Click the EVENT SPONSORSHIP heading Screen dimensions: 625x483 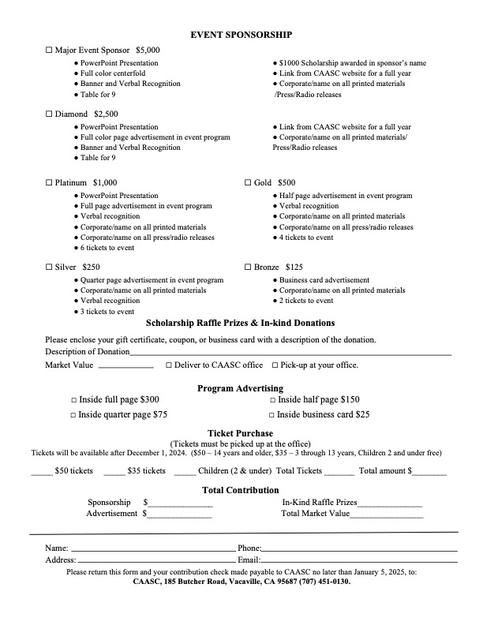(x=241, y=35)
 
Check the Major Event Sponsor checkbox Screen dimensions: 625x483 (x=49, y=50)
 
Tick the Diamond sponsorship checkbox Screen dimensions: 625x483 (x=49, y=114)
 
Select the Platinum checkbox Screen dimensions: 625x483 (x=49, y=183)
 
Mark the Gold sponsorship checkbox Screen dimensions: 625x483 (x=248, y=183)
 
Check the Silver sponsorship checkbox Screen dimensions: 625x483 (x=49, y=268)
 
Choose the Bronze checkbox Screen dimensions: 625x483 (x=248, y=268)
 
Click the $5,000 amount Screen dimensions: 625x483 (x=148, y=50)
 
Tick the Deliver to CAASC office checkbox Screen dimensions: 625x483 (x=169, y=365)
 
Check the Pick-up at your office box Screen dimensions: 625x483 (x=275, y=365)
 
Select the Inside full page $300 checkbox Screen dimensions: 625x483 (x=74, y=400)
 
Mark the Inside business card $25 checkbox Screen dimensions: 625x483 (x=271, y=414)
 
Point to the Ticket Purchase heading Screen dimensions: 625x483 (x=240, y=433)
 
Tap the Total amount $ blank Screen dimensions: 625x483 (x=429, y=473)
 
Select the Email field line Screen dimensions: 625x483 (x=359, y=561)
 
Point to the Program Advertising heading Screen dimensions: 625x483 (x=240, y=388)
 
